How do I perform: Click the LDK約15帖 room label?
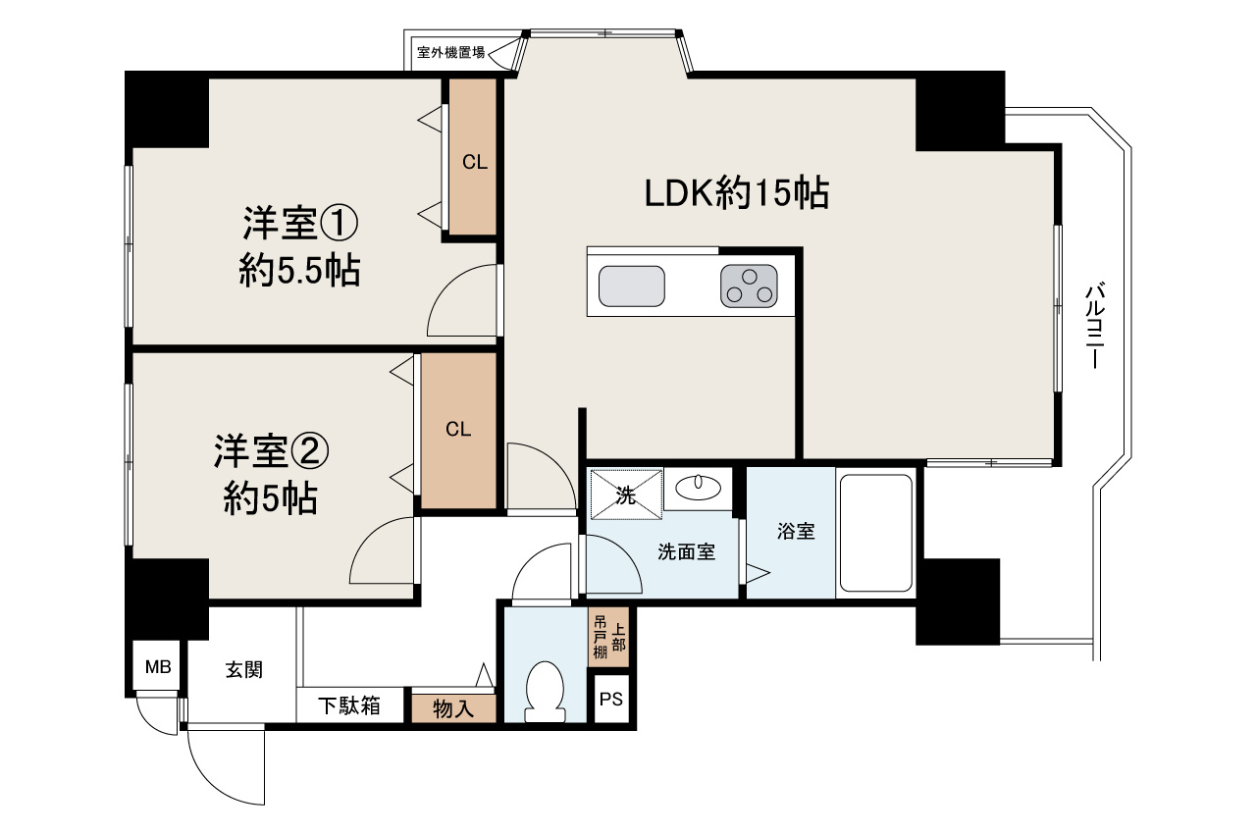(737, 193)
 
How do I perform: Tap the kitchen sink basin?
(632, 287)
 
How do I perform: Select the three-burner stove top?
(749, 287)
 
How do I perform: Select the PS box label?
(611, 701)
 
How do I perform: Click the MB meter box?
(158, 668)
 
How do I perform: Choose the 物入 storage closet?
(453, 707)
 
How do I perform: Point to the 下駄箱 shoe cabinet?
(349, 705)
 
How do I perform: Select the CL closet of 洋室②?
(458, 430)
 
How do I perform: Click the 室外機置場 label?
(450, 53)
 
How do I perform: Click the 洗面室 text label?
(686, 552)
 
